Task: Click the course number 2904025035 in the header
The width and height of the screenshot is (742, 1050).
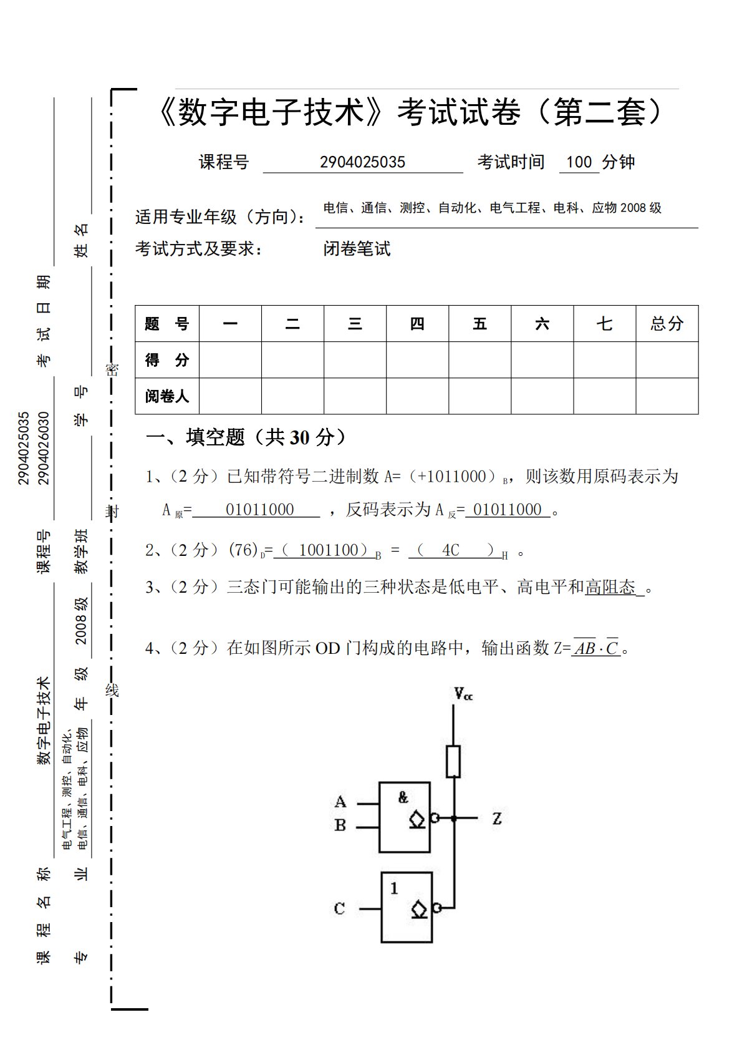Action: (362, 162)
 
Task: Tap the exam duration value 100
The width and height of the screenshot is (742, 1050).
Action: (579, 162)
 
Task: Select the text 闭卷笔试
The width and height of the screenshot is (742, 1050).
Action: (357, 249)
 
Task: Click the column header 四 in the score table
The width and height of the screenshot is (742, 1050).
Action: (417, 324)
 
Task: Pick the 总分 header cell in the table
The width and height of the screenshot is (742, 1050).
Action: (667, 324)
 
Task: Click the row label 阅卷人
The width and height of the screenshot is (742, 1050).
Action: (166, 396)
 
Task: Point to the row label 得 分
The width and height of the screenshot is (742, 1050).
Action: (166, 360)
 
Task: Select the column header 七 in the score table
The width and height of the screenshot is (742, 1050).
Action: (604, 324)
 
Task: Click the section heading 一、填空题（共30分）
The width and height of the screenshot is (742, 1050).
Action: (246, 437)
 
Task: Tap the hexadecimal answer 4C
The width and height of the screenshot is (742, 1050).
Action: (450, 550)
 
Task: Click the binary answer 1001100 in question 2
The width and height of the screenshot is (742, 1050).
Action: (329, 550)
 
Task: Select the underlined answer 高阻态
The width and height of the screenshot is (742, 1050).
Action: (610, 587)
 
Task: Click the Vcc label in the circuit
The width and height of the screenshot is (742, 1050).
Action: (463, 694)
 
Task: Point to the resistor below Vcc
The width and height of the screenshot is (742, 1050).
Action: (453, 761)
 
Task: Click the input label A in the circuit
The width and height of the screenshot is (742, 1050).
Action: (340, 802)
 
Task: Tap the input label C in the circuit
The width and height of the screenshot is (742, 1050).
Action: (339, 908)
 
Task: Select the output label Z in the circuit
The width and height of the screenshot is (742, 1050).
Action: (496, 819)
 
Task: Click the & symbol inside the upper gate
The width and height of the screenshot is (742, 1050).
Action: (403, 797)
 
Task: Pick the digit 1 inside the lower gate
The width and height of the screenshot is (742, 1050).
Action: (394, 888)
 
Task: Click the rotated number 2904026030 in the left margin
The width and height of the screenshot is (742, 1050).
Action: (43, 447)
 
